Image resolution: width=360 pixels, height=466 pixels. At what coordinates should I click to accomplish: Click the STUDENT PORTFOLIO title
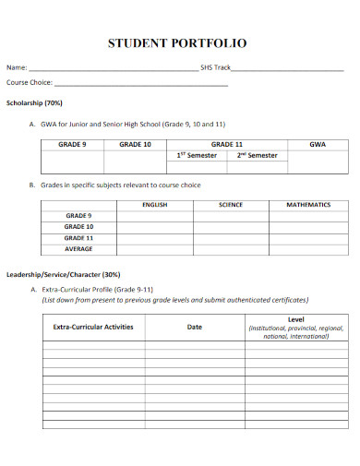click(177, 42)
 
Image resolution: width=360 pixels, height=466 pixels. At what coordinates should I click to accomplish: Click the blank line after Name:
click(113, 69)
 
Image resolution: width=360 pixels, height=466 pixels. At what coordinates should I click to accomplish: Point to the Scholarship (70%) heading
click(35, 103)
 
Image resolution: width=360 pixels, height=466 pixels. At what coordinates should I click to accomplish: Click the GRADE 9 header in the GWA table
click(72, 145)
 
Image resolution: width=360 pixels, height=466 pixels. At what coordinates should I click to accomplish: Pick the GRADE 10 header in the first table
click(135, 145)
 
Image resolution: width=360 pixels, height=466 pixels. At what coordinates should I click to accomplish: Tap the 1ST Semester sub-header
click(197, 156)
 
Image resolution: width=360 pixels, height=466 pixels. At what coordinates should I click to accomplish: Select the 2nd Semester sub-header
click(257, 156)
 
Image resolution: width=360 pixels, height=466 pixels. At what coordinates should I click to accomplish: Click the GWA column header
click(318, 145)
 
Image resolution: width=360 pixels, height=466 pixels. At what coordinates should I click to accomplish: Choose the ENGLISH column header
click(154, 205)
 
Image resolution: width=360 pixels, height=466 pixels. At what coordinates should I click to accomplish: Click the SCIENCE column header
click(230, 205)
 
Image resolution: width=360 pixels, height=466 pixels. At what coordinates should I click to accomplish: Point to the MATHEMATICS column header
click(308, 205)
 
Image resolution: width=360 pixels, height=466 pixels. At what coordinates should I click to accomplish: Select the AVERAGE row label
click(78, 249)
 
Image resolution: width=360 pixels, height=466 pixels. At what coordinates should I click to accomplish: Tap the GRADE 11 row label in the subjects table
click(78, 238)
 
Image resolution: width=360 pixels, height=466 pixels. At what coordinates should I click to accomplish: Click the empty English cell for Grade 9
click(154, 216)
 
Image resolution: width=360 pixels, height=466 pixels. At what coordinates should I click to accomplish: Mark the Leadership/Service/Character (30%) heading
click(64, 274)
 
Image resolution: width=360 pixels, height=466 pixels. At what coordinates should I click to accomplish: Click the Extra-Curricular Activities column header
click(93, 327)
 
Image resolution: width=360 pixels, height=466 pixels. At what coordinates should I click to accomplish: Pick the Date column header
click(195, 327)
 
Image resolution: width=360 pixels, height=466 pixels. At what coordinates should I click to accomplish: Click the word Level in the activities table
click(296, 318)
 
